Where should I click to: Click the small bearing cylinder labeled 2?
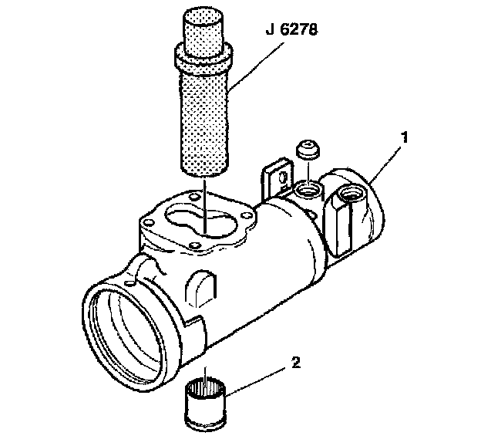[x=206, y=404]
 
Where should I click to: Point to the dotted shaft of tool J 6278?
[x=203, y=116]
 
